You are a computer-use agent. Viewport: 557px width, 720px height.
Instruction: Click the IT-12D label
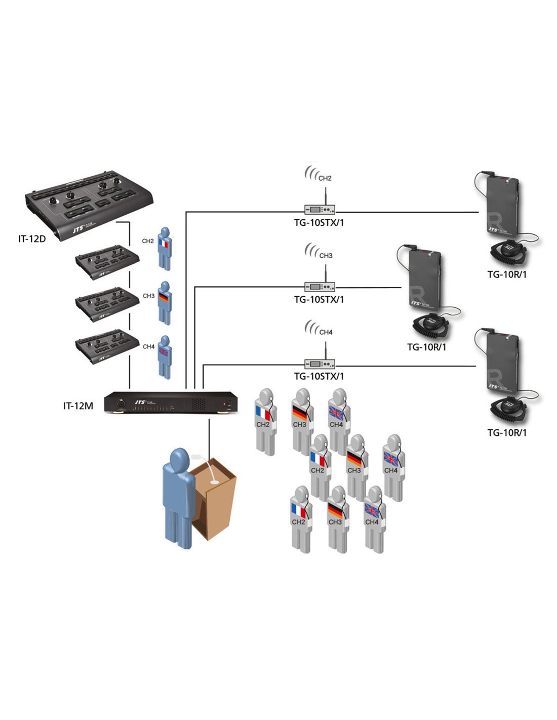tap(32, 239)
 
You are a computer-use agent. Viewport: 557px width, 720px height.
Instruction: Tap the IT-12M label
tap(78, 406)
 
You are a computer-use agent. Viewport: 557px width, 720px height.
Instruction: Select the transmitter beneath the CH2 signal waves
tap(320, 209)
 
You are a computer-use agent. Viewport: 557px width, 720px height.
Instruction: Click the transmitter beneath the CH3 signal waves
tap(320, 287)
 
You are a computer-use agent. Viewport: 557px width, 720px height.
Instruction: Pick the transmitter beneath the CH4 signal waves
tap(320, 364)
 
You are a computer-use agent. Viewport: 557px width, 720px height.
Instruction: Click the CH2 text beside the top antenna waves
tap(325, 178)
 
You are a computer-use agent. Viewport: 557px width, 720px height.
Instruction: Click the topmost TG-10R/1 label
tap(507, 274)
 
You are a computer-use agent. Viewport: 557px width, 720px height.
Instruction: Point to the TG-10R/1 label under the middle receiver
tap(426, 347)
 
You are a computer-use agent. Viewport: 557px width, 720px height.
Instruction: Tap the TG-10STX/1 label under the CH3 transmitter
tap(319, 300)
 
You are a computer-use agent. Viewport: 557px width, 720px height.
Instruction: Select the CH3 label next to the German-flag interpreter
tap(148, 296)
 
